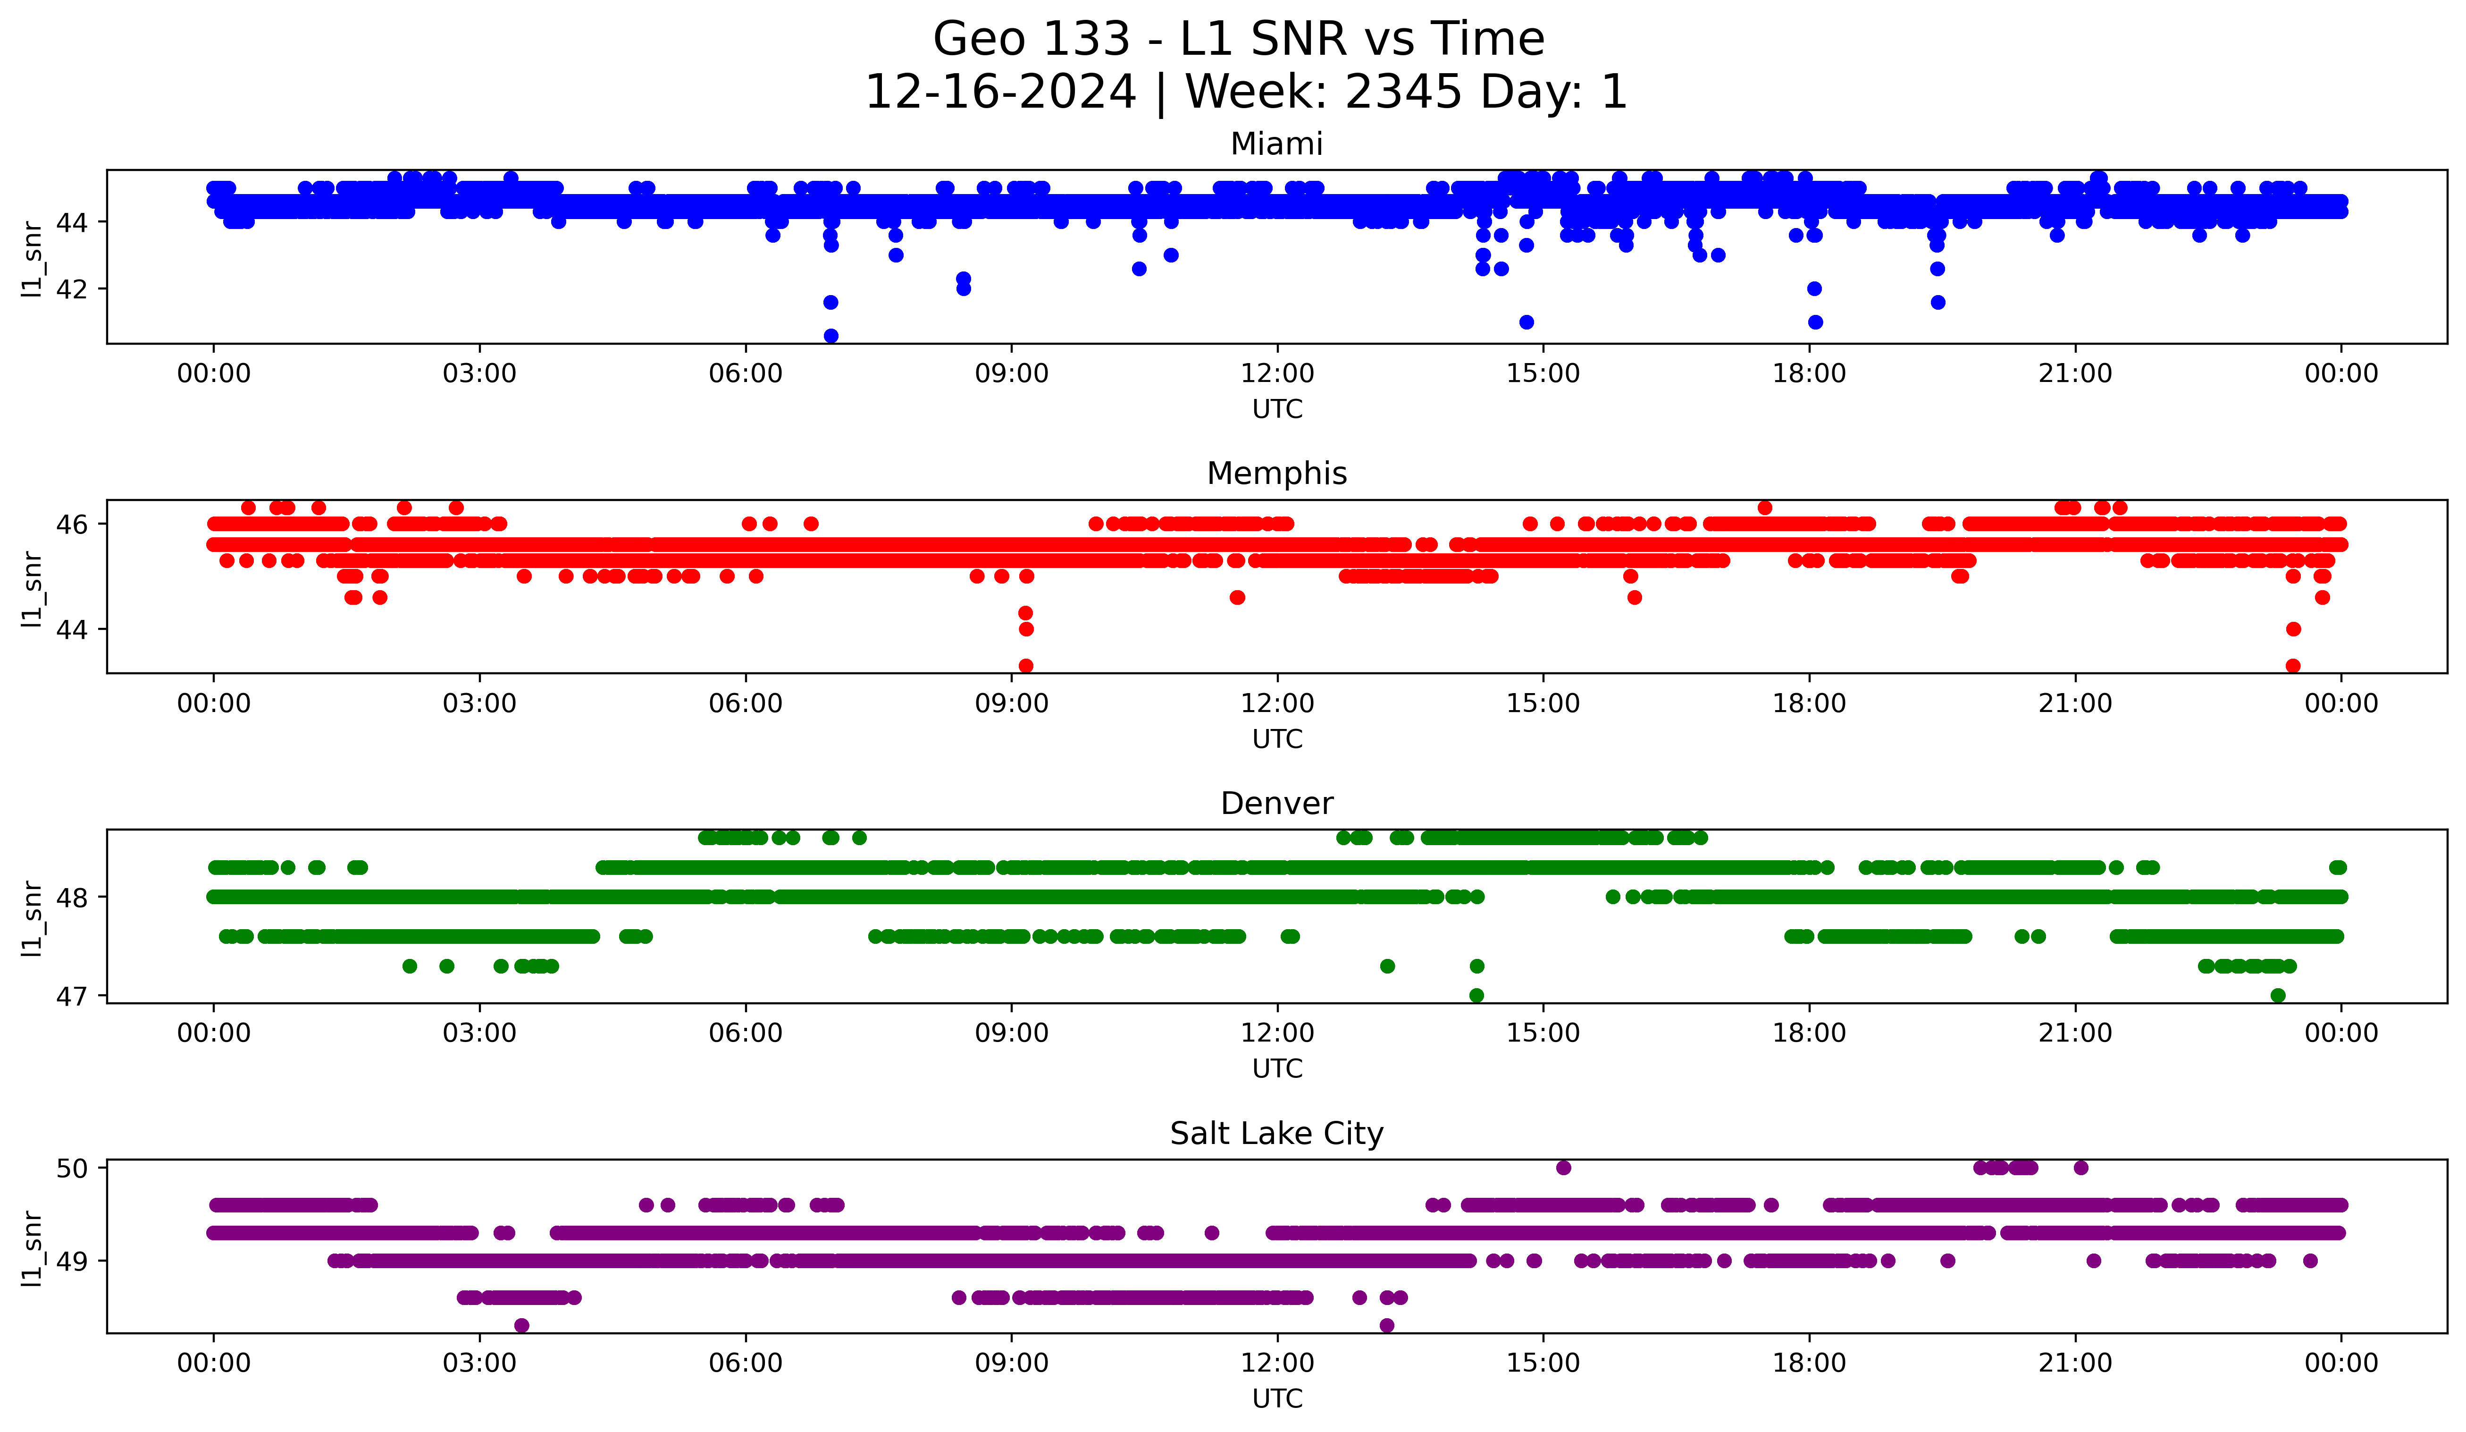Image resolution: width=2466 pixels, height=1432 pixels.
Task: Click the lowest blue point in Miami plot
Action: (831, 336)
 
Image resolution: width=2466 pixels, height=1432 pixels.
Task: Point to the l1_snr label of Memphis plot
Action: (32, 587)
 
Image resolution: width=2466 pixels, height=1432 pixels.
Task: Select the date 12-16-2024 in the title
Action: (1000, 92)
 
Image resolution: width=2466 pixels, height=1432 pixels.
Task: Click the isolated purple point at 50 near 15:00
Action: (1563, 1168)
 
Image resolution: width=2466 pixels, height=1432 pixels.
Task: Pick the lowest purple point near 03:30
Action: (521, 1325)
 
